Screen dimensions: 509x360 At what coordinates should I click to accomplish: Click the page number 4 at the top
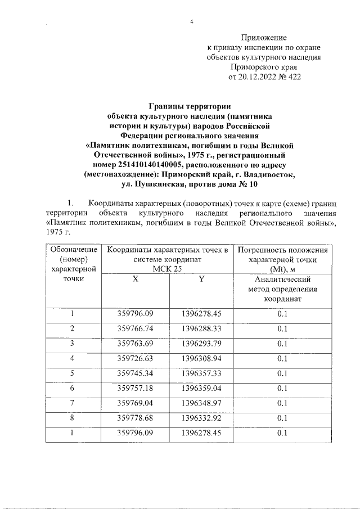[192, 22]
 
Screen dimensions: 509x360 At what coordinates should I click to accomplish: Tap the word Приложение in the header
[264, 37]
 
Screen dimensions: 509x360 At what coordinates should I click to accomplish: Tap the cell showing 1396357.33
[202, 373]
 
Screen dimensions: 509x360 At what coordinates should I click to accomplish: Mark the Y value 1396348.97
[202, 403]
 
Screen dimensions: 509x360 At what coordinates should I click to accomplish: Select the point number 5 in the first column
[72, 373]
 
